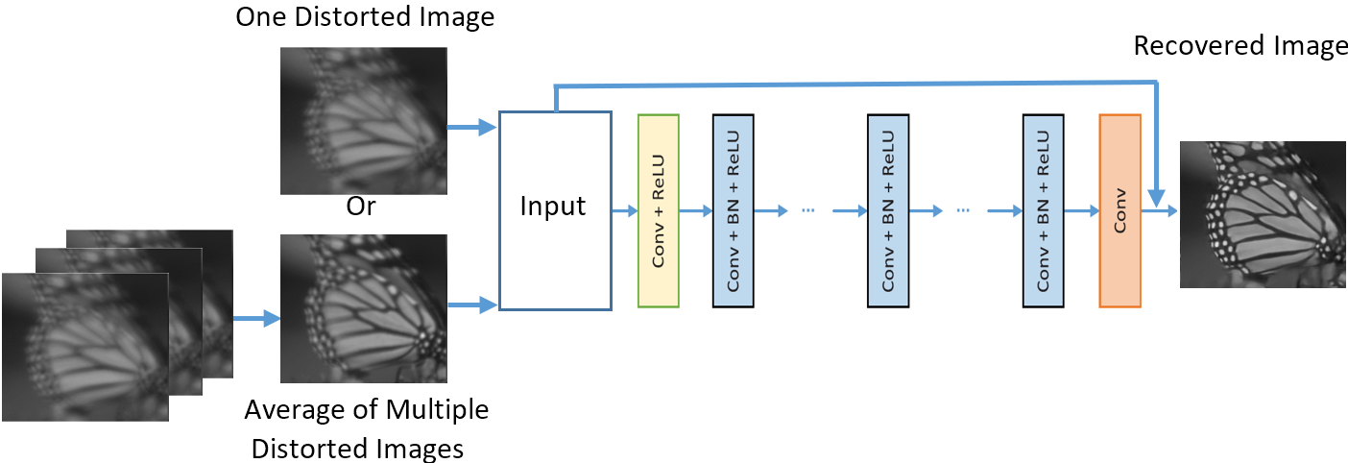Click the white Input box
(x=555, y=210)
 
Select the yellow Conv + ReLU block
(x=659, y=210)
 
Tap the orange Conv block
(x=1119, y=210)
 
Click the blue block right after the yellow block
(x=734, y=210)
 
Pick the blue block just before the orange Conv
(x=1044, y=210)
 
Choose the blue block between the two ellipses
(x=888, y=210)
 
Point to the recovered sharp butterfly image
(x=1263, y=213)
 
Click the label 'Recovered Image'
(x=1240, y=46)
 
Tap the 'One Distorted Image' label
(x=365, y=18)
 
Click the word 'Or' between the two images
(x=361, y=208)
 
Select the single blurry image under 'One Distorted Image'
(x=362, y=121)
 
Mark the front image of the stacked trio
(x=84, y=346)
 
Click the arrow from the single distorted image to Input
(x=472, y=126)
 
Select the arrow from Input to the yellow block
(x=624, y=210)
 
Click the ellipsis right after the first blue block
(x=806, y=210)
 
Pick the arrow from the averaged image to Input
(x=472, y=305)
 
